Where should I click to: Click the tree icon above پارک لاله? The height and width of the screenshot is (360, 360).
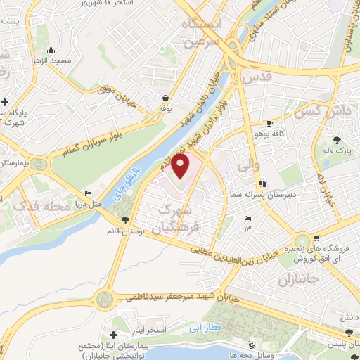coord(338,139)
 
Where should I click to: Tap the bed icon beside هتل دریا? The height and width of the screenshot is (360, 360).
coord(88,194)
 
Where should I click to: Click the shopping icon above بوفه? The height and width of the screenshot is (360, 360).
coord(165,98)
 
